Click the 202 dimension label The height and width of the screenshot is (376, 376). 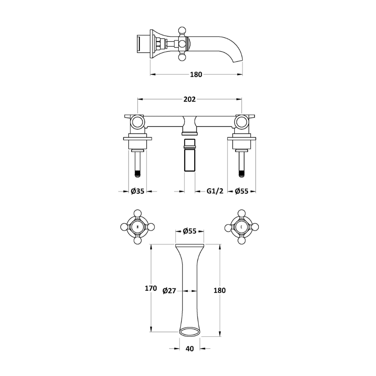click(189, 99)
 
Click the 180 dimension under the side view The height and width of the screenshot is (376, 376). click(196, 74)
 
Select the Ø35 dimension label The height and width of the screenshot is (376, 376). click(137, 191)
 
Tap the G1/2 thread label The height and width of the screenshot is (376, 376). click(215, 191)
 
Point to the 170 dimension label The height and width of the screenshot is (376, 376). click(151, 288)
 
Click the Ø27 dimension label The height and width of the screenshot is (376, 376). click(169, 291)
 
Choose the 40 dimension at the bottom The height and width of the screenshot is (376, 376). click(189, 348)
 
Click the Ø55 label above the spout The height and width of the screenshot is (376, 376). click(189, 231)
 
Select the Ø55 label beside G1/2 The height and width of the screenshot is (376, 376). click(241, 191)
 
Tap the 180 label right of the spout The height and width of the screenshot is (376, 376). click(219, 290)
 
